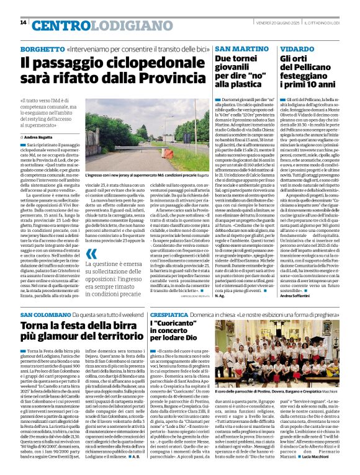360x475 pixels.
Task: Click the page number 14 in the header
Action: click(23, 23)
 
